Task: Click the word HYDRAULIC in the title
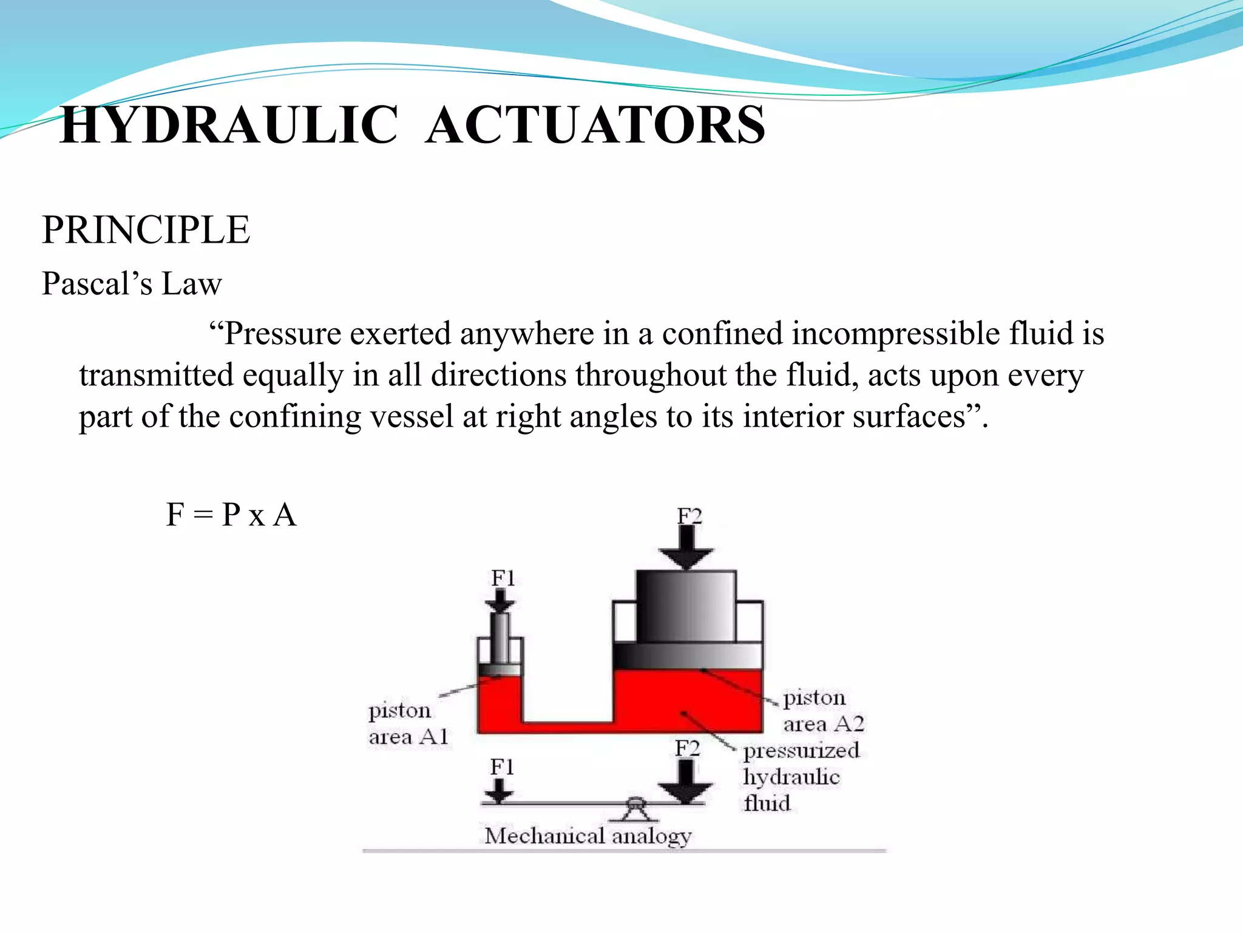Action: [229, 125]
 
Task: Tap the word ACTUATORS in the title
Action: [595, 125]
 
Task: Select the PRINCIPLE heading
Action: [146, 230]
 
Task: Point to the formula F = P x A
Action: [231, 515]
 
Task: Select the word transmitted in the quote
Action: [156, 375]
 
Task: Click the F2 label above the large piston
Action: [689, 516]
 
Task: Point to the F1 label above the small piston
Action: [503, 578]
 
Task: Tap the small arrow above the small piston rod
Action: [500, 601]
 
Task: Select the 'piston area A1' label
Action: [407, 723]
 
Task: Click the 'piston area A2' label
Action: [822, 711]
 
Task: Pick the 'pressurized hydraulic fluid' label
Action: [800, 777]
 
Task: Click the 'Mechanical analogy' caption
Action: [588, 836]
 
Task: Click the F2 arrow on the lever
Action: [686, 781]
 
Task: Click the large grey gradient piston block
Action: [686, 607]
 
